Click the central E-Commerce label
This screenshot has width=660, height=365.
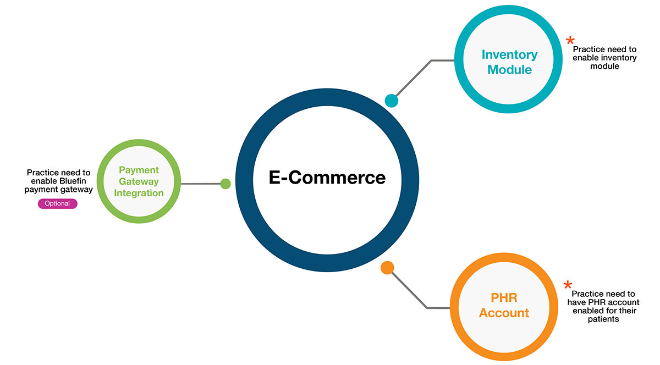(x=327, y=178)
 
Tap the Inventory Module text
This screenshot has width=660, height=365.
(x=509, y=62)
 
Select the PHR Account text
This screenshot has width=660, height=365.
(x=504, y=305)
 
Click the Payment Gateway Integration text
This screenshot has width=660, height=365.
(x=139, y=181)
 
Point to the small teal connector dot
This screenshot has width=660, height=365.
(x=391, y=101)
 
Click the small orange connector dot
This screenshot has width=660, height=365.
(x=387, y=268)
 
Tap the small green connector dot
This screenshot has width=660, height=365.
(x=225, y=184)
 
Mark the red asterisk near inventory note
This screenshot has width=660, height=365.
(x=570, y=41)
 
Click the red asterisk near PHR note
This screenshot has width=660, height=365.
(x=568, y=285)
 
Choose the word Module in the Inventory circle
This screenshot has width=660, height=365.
(x=509, y=70)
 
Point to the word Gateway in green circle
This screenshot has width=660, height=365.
(x=139, y=181)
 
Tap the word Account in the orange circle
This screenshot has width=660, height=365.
(x=504, y=313)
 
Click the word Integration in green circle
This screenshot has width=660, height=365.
(x=139, y=193)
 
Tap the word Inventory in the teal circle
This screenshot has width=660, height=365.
(x=509, y=54)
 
